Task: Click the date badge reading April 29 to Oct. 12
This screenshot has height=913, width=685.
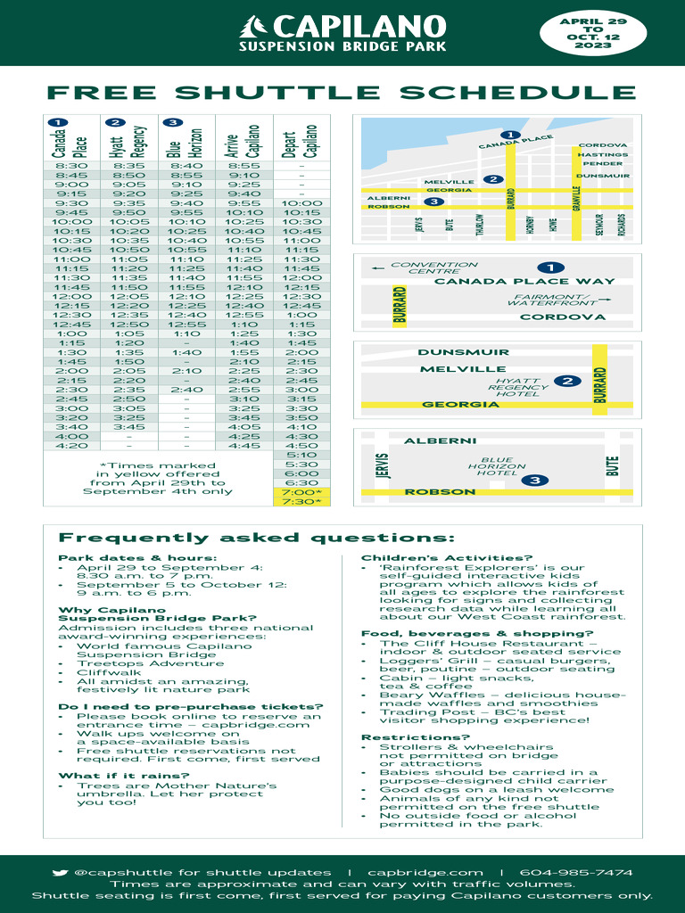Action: (x=592, y=33)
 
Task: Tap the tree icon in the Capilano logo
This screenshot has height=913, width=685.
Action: (x=257, y=27)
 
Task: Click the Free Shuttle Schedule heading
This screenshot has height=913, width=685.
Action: (x=342, y=93)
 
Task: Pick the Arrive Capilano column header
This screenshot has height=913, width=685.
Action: (x=243, y=139)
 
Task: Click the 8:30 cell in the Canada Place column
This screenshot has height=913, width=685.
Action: (x=70, y=165)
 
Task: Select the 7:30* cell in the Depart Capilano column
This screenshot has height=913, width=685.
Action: (x=301, y=502)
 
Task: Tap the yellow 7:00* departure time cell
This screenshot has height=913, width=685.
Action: (x=301, y=492)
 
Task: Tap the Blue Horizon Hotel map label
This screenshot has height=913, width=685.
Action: (x=491, y=467)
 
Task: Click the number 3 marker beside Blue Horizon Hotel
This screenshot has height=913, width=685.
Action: (x=535, y=481)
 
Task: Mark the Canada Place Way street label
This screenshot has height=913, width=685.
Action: (x=524, y=282)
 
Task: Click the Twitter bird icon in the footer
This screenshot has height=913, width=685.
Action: (x=60, y=873)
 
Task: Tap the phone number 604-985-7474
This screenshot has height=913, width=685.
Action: (x=576, y=873)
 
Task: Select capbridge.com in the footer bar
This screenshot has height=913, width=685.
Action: (x=425, y=873)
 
